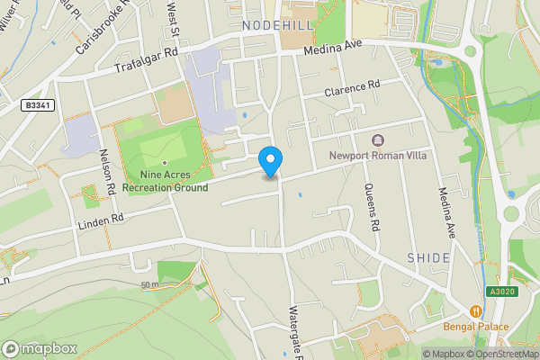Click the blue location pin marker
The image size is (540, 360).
point(270,161)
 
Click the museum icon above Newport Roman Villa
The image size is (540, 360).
point(376,139)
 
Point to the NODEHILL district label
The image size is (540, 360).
point(277,26)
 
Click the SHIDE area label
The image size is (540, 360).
point(428,257)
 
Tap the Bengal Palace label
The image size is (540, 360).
point(476,326)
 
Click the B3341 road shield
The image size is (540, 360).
point(36,105)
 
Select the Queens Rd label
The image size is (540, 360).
point(373,206)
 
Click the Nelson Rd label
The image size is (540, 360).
point(107,170)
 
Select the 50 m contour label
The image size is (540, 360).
point(150,285)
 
